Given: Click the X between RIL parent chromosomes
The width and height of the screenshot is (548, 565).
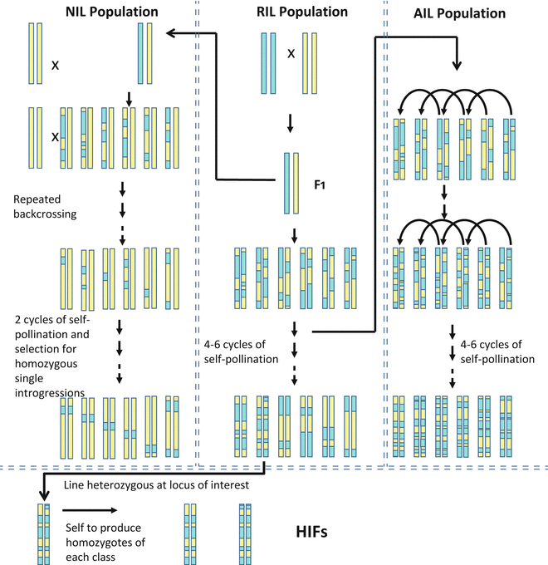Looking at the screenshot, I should (291, 53).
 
